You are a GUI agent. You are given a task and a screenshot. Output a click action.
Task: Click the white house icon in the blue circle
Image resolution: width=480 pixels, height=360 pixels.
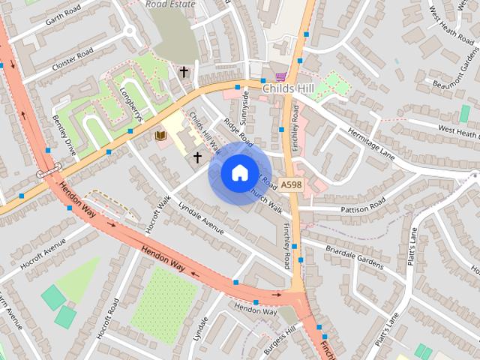click(238, 173)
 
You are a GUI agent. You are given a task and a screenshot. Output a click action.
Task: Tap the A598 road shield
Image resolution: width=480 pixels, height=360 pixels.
click(292, 183)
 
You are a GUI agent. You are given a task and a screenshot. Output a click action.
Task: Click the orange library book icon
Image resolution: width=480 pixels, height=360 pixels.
click(160, 135)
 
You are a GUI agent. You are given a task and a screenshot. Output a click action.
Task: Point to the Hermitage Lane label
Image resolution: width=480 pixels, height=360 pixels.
click(370, 142)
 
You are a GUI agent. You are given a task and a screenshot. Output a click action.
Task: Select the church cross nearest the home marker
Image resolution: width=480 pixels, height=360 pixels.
click(198, 157)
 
